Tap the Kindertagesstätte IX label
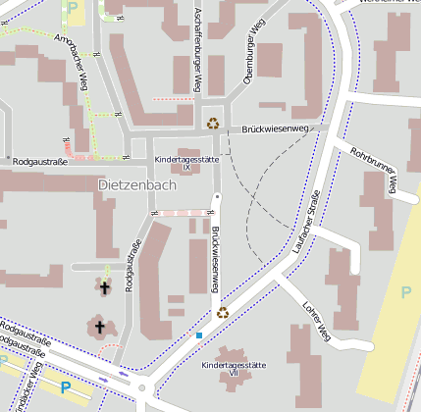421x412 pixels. click(x=186, y=163)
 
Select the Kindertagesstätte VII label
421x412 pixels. click(x=233, y=369)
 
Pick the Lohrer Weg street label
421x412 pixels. click(x=317, y=321)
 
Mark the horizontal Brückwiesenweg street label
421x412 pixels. click(x=276, y=129)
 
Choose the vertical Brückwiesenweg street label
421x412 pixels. click(x=214, y=260)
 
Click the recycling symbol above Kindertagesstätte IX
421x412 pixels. click(x=213, y=123)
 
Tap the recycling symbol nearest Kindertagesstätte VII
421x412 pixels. click(x=223, y=312)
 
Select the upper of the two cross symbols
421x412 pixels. click(x=105, y=286)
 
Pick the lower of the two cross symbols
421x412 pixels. click(x=98, y=327)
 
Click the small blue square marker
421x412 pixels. click(x=199, y=335)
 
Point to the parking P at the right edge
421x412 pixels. click(x=406, y=291)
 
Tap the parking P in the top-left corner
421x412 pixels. click(x=75, y=7)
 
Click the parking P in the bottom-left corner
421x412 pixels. click(x=66, y=387)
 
